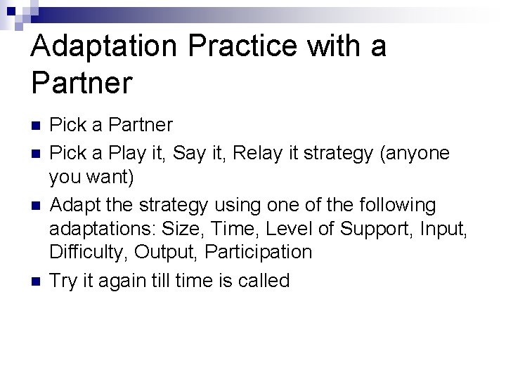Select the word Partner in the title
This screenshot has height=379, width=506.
[82, 84]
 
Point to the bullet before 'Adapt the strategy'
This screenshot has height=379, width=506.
[36, 206]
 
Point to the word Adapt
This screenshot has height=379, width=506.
[77, 205]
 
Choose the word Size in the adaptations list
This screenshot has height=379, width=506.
[181, 229]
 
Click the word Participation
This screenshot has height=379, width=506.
[261, 252]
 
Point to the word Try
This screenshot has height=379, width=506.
[64, 281]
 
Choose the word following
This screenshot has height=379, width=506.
[398, 205]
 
